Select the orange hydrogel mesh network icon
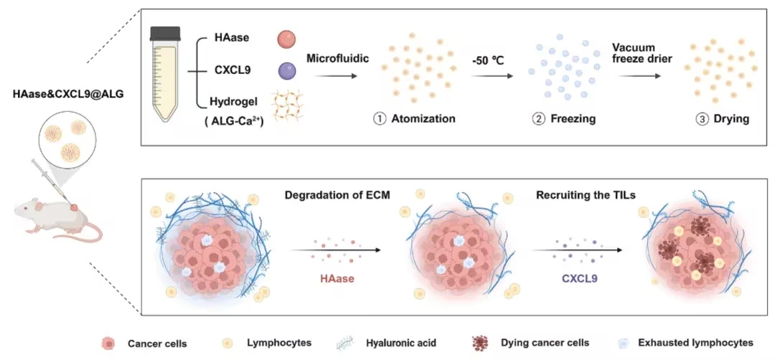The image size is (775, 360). tap(288, 107)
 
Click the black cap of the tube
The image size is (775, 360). tap(165, 33)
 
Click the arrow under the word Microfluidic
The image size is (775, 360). tap(336, 76)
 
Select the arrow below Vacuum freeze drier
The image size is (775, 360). tap(639, 76)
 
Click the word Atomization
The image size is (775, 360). tap(423, 118)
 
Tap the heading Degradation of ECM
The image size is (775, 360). tap(337, 196)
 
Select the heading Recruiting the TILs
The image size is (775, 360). tap(586, 196)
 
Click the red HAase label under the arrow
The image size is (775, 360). tap(334, 279)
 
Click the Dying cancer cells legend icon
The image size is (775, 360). tap(480, 342)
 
